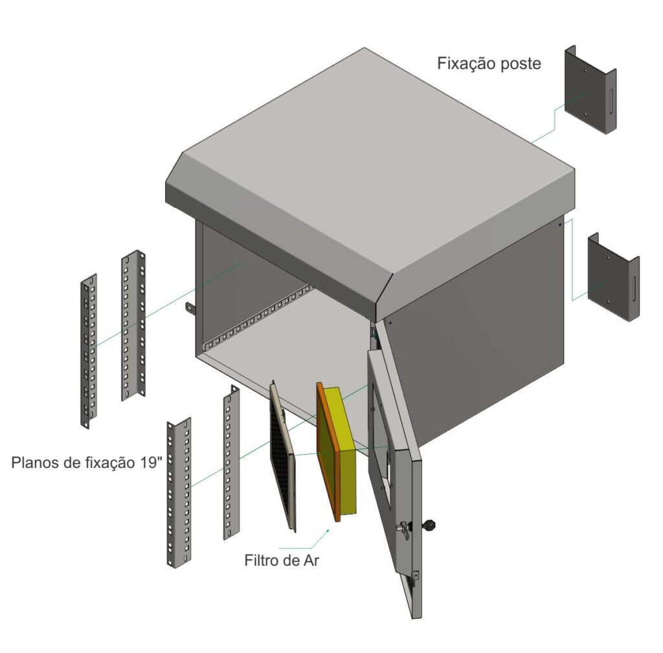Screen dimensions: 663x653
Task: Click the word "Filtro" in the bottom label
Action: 263,560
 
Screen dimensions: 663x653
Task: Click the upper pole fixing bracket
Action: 590,90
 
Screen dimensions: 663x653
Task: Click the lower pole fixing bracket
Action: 613,277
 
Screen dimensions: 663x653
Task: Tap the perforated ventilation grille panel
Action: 282,456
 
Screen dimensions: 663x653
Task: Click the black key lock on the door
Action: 431,525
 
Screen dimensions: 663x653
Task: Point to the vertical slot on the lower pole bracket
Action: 634,289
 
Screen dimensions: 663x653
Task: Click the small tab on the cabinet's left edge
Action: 190,309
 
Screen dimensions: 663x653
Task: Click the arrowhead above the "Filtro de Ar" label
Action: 328,530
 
